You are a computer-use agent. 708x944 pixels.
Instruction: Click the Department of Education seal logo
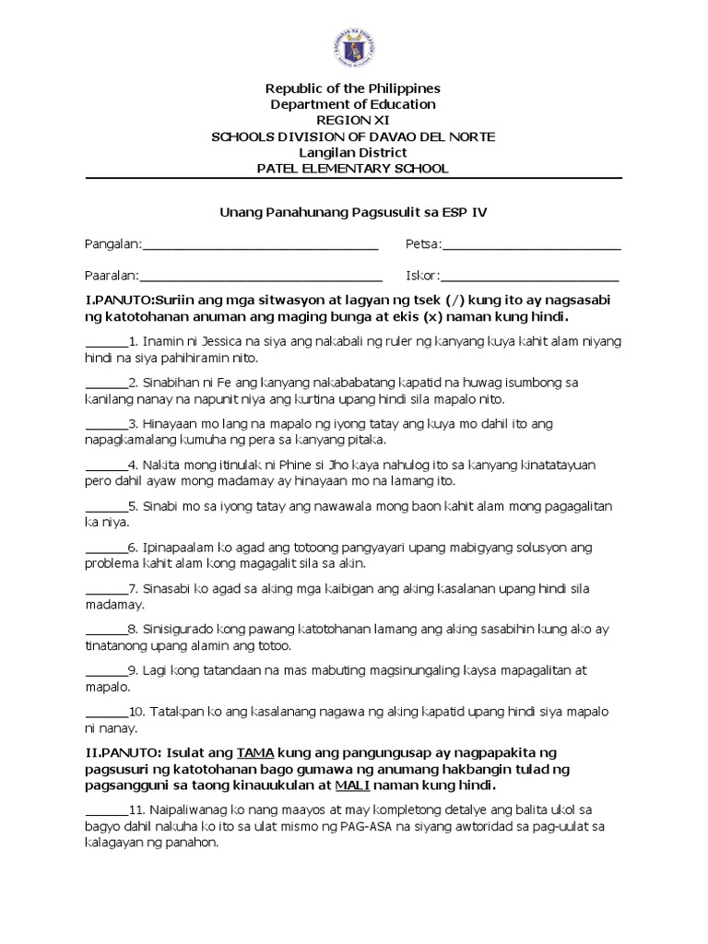point(353,44)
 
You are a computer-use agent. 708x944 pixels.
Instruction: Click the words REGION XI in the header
point(353,120)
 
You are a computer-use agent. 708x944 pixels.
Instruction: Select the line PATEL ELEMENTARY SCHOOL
point(353,168)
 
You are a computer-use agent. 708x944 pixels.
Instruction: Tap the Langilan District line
point(353,152)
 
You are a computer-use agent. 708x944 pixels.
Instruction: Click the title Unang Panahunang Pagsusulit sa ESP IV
point(353,213)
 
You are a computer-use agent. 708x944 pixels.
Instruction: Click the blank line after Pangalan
point(260,245)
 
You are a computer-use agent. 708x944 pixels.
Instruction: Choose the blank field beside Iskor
point(530,277)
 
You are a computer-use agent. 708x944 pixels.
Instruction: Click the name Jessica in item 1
point(214,341)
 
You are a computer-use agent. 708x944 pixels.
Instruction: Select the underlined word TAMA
point(255,753)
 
